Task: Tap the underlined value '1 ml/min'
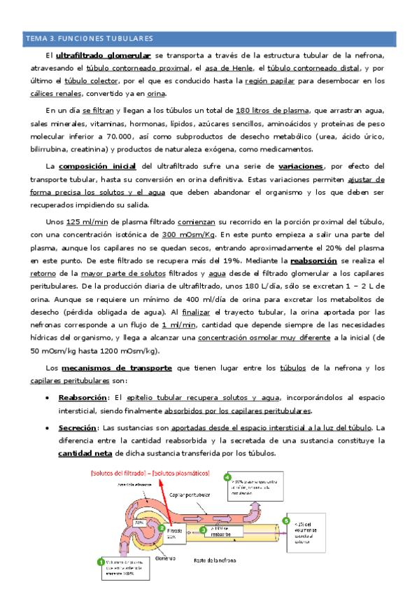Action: (x=178, y=325)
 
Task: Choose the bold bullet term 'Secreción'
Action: (x=77, y=427)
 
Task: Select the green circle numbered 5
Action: (x=285, y=521)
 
